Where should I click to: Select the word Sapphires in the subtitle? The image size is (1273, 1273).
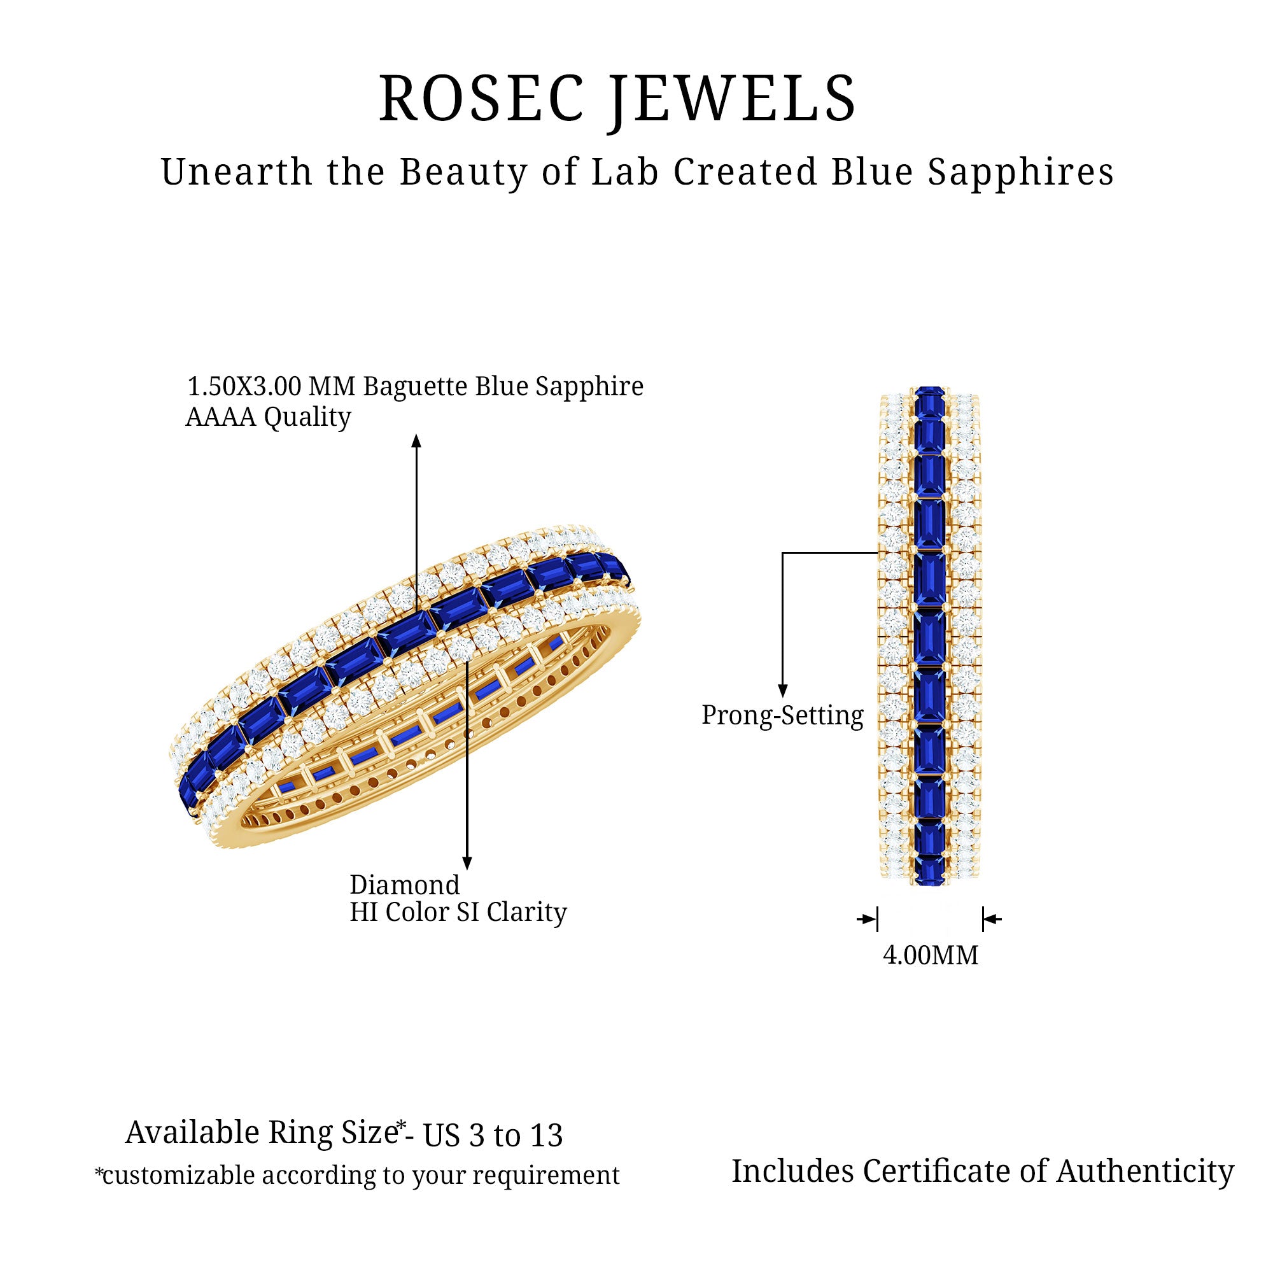click(1021, 172)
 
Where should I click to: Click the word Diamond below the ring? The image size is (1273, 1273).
click(404, 885)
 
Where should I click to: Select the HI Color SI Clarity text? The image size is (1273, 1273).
click(458, 913)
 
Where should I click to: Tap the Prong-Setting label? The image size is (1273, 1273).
click(782, 715)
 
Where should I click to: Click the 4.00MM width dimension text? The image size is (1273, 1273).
click(931, 955)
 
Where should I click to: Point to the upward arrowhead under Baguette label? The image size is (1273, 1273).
click(416, 441)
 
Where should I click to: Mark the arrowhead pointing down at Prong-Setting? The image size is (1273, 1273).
click(783, 690)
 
